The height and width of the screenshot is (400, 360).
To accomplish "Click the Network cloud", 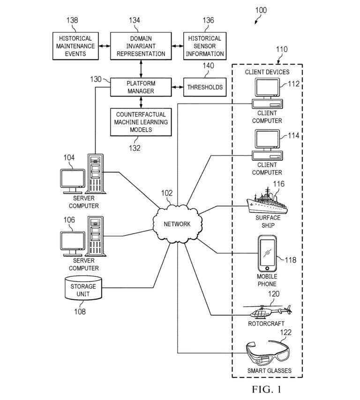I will [x=177, y=224].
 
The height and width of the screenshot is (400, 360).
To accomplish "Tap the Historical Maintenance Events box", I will [x=75, y=46].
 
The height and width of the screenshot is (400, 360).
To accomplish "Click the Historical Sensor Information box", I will [x=205, y=46].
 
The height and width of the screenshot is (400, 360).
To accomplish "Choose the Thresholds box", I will [x=205, y=87].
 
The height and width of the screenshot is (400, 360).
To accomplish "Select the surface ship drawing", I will [x=267, y=202].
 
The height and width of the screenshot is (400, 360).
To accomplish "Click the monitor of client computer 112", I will [x=267, y=88].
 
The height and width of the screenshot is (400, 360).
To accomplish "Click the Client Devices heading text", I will [x=267, y=72].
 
